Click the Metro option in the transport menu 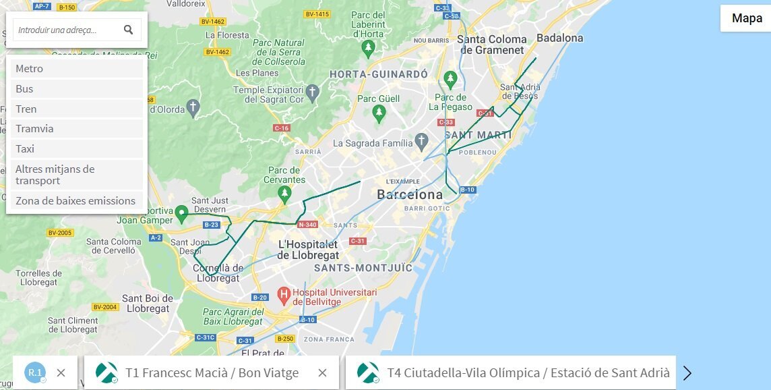[x=75, y=69]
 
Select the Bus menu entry [x=75, y=89]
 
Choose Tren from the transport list [x=75, y=109]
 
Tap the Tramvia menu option [x=75, y=129]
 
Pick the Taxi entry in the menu [x=75, y=149]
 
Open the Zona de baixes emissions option [x=75, y=200]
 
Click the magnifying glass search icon [x=128, y=30]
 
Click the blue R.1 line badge [x=35, y=372]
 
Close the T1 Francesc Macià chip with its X [x=322, y=372]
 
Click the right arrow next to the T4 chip [x=687, y=373]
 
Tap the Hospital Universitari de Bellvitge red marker [x=283, y=295]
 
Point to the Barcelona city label [x=410, y=194]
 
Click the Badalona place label [x=559, y=38]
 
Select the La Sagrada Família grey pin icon [x=422, y=142]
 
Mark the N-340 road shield [x=307, y=225]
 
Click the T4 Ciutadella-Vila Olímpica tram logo [x=369, y=372]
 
